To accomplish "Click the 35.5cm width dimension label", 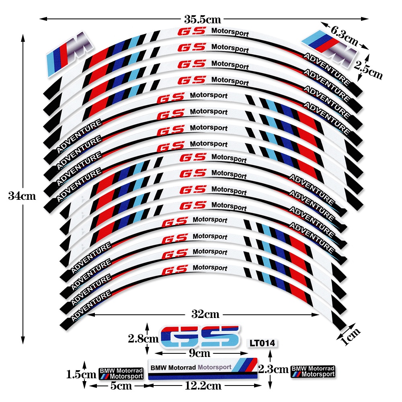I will point(203,19).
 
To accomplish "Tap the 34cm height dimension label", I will point(22,196).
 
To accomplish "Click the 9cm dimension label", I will point(200,353).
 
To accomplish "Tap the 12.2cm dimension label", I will point(203,386).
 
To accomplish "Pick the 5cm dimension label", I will point(121,386).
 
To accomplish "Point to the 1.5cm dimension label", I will point(81,374).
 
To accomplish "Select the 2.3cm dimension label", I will point(273,368).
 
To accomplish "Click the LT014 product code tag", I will point(262,343).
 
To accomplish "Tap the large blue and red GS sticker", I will point(200,336).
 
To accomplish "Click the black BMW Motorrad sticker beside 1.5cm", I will point(121,373).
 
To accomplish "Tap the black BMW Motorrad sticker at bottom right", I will point(313,371).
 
